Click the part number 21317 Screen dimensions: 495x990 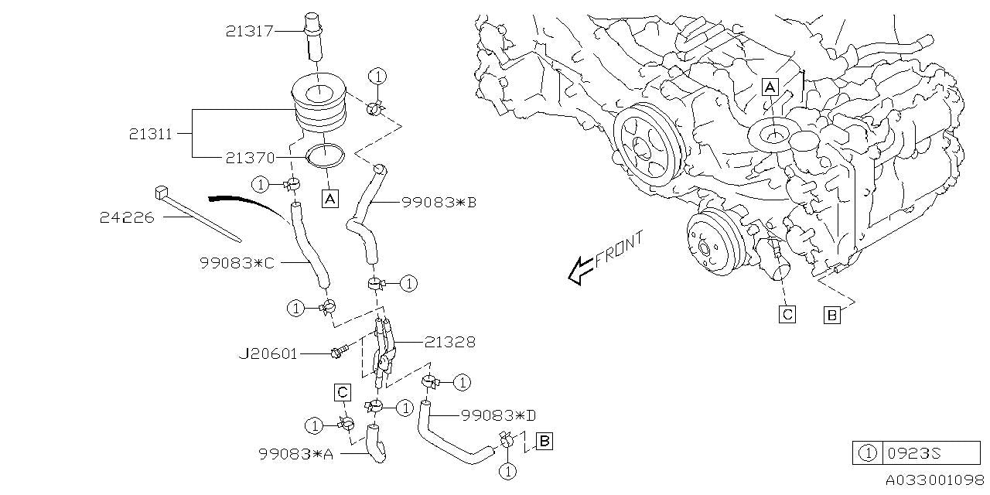click(x=249, y=31)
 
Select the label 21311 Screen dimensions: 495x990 click(x=151, y=133)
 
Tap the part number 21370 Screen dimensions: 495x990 click(x=250, y=157)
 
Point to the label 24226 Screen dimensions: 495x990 click(x=127, y=218)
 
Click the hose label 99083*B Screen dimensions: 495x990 click(x=439, y=203)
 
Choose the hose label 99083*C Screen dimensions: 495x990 click(x=237, y=262)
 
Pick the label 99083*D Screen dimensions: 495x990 click(x=498, y=415)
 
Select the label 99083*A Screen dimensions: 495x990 click(x=295, y=454)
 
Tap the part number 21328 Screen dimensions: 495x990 click(x=449, y=341)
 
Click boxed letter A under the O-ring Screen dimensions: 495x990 click(x=329, y=199)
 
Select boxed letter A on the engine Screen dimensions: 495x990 click(x=770, y=87)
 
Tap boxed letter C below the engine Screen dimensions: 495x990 click(x=787, y=314)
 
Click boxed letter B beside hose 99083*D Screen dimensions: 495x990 click(x=544, y=442)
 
